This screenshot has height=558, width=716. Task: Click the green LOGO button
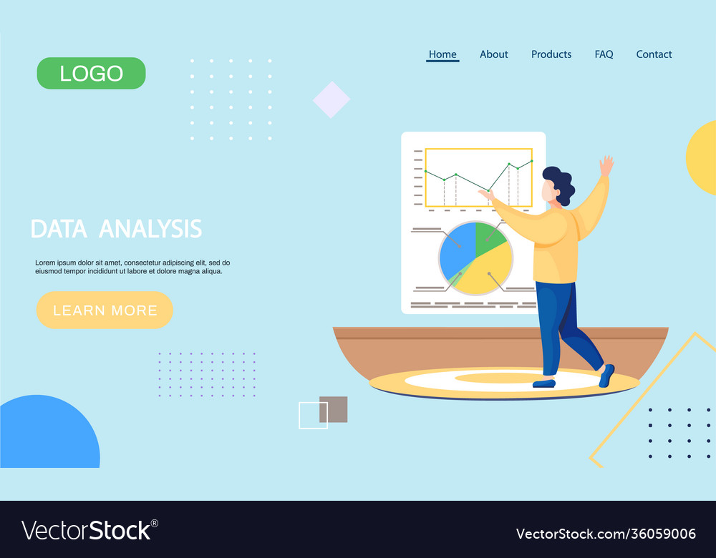point(91,73)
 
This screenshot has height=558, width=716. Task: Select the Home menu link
point(442,54)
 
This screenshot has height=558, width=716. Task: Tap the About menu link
point(494,54)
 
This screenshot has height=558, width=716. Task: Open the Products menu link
point(551,54)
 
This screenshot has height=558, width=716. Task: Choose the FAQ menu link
point(604,54)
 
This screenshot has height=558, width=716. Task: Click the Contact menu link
point(654,54)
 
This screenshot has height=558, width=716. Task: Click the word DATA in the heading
point(59,229)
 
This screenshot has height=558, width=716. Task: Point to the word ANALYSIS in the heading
point(150,229)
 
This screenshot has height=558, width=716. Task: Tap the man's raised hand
point(606,166)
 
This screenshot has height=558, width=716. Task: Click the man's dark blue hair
point(561,182)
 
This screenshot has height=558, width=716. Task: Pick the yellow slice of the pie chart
point(487,275)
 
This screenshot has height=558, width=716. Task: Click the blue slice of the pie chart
point(455,250)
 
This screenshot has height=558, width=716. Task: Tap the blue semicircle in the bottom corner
point(47,436)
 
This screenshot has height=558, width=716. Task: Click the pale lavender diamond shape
point(332,99)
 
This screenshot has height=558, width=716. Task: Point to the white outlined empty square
point(313,416)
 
